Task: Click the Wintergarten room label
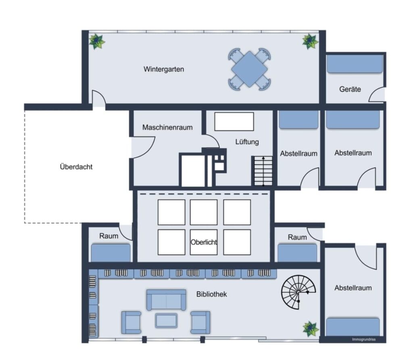click(x=164, y=69)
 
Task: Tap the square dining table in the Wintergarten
click(x=249, y=69)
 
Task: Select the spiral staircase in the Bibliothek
click(x=298, y=292)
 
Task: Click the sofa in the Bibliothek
click(x=166, y=300)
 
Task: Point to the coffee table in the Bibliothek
click(x=166, y=321)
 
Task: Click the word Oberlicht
click(x=204, y=242)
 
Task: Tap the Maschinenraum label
click(x=167, y=128)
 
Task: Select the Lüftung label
click(x=247, y=142)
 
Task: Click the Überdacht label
click(x=76, y=167)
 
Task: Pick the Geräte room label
click(x=350, y=89)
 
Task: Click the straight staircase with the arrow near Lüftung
click(x=263, y=171)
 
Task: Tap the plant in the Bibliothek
click(x=311, y=329)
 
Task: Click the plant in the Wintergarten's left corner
click(x=97, y=42)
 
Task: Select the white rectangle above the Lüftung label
click(x=234, y=121)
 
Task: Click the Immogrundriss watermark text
click(x=364, y=339)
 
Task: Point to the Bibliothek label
click(x=211, y=294)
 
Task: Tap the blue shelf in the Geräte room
click(x=355, y=63)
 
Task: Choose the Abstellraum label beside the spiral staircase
click(x=353, y=288)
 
